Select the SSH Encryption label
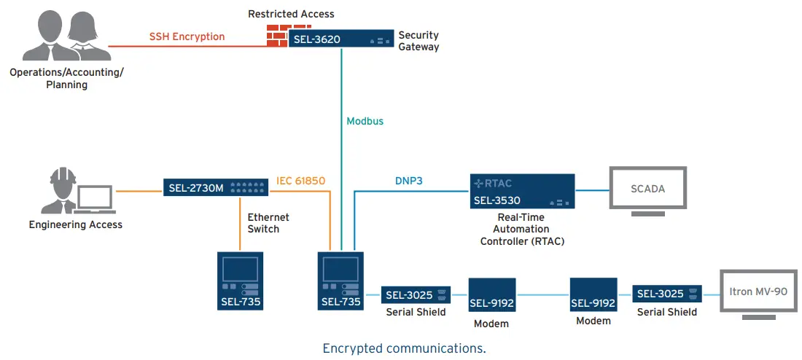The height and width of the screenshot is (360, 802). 187,36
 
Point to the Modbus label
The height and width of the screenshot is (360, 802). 365,121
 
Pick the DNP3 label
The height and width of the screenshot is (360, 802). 408,180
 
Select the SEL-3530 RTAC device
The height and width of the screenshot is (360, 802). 523,191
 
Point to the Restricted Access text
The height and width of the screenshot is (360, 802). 291,14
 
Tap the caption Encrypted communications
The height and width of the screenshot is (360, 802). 404,348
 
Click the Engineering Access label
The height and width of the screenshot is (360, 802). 76,224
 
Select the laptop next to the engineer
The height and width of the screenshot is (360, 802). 94,197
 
